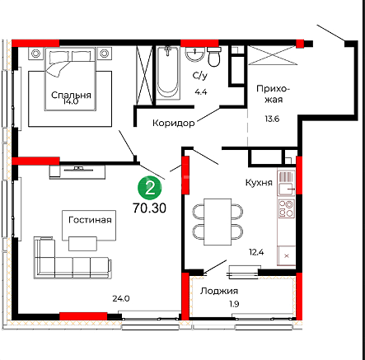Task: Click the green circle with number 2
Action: (x=150, y=188)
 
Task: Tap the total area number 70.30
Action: (x=149, y=208)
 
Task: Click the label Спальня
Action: (x=71, y=95)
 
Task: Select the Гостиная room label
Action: (x=90, y=220)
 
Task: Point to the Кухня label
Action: (x=259, y=183)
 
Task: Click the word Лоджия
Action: (x=219, y=291)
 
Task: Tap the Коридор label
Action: (x=174, y=123)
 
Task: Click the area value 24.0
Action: (x=121, y=298)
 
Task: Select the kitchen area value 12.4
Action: (x=256, y=252)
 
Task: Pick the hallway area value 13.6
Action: (x=272, y=119)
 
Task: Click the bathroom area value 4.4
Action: (x=201, y=91)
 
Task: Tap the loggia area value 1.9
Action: (x=234, y=304)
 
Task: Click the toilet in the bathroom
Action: (x=214, y=57)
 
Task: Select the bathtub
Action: (x=167, y=72)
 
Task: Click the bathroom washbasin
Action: (x=195, y=54)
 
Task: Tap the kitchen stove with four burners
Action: (x=286, y=208)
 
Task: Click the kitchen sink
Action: (x=287, y=189)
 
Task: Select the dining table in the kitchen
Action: (x=218, y=222)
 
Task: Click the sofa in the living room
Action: (x=73, y=258)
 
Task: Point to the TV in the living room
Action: (x=78, y=169)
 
